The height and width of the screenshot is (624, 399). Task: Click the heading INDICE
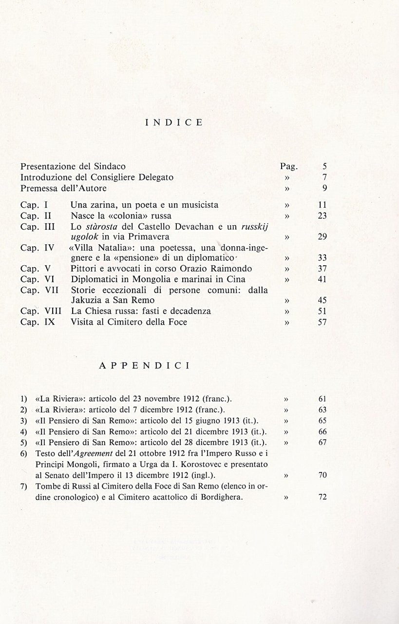(x=174, y=123)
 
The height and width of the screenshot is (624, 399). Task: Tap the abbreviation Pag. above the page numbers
(x=289, y=167)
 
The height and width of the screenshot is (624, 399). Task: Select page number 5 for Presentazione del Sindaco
(x=324, y=167)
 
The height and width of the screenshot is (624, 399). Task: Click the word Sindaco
(x=112, y=166)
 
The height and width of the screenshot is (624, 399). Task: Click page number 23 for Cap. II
(x=322, y=215)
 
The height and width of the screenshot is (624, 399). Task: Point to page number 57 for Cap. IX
(x=322, y=322)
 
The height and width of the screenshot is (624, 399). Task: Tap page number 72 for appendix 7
(x=322, y=497)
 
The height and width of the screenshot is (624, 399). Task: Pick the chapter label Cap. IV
(x=38, y=248)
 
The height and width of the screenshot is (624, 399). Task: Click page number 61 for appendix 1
(x=322, y=399)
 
